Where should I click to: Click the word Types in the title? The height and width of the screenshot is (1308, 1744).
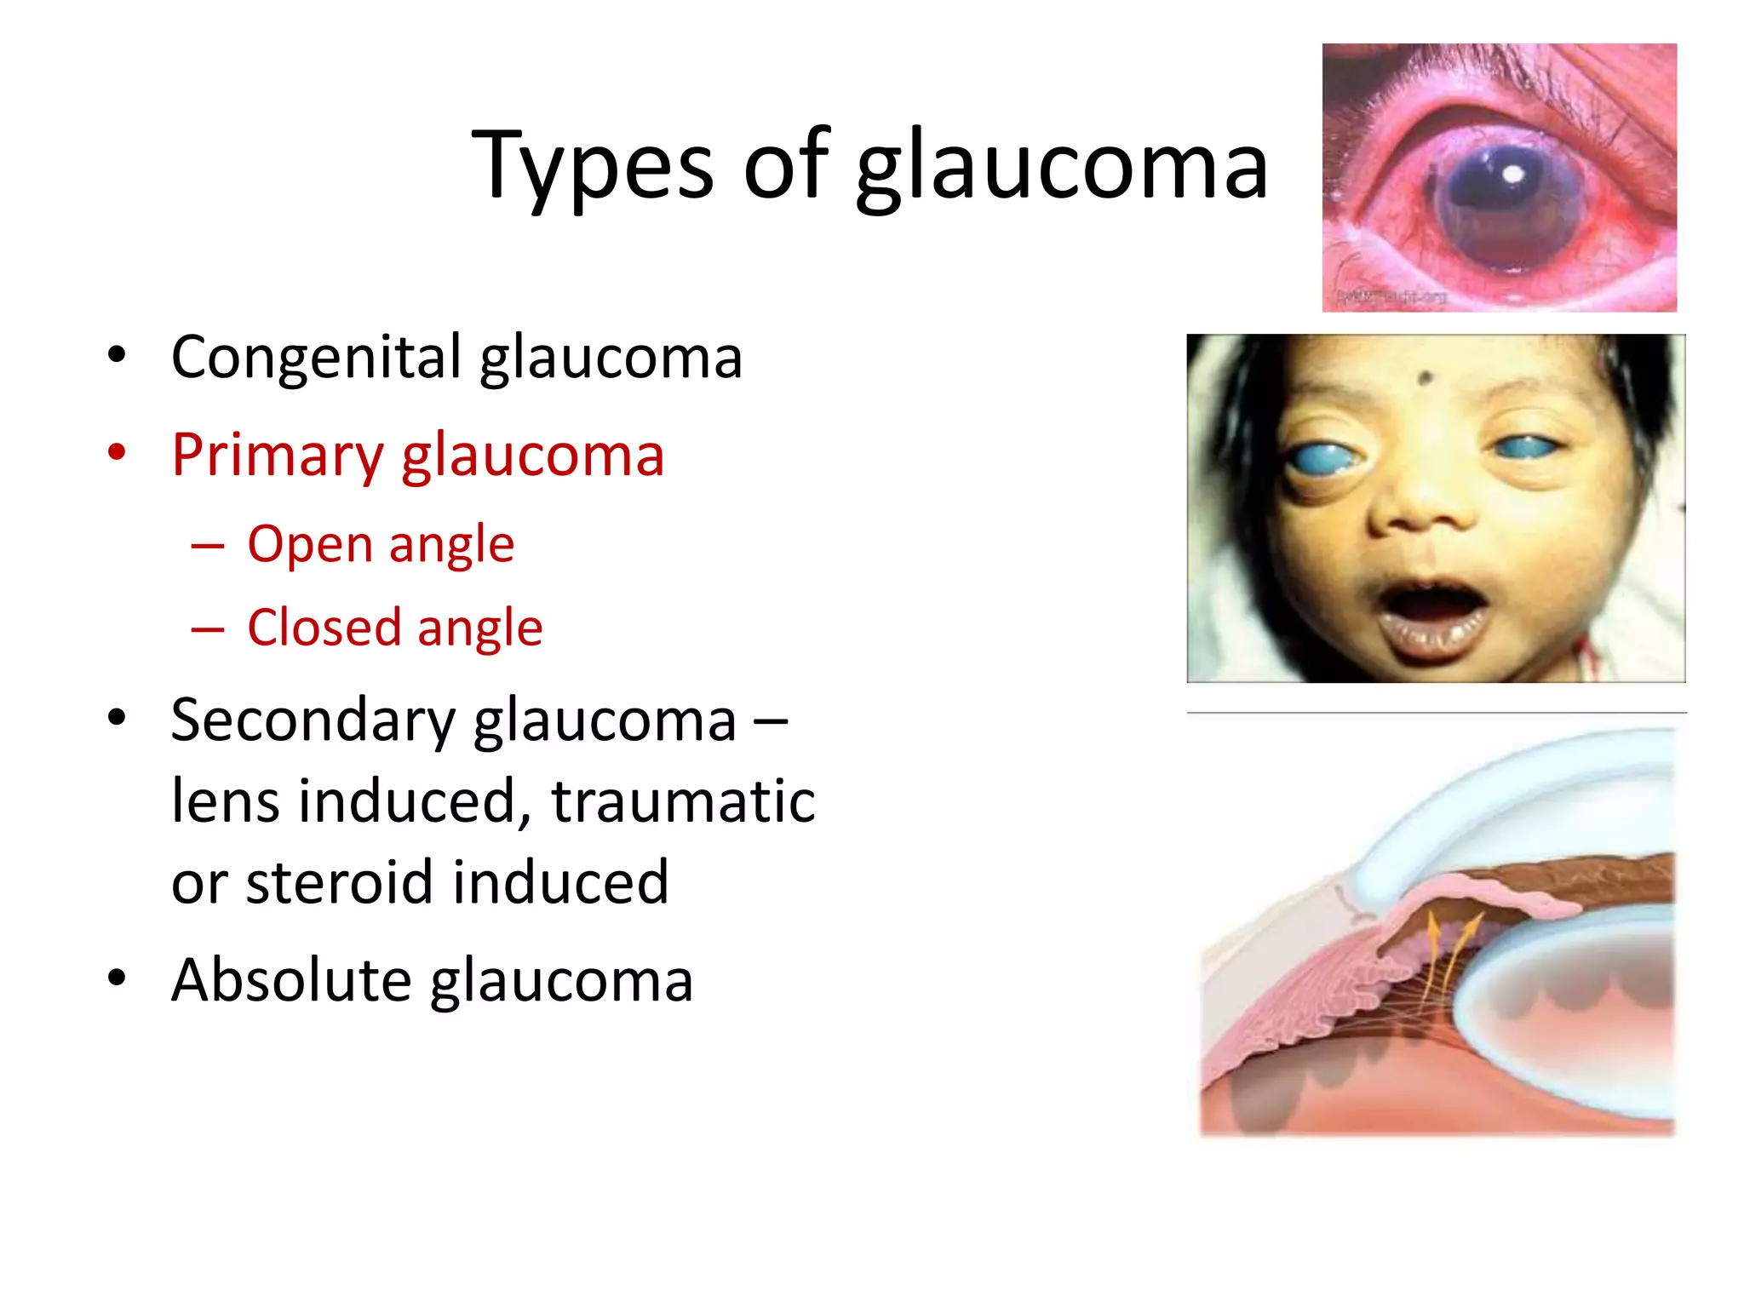pyautogui.click(x=592, y=166)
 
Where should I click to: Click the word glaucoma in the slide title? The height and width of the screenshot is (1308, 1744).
pyautogui.click(x=1061, y=166)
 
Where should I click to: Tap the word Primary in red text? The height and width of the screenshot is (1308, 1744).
pyautogui.click(x=278, y=456)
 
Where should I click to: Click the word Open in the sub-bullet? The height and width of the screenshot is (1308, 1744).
pyautogui.click(x=310, y=544)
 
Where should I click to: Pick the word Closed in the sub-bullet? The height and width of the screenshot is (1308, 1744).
pyautogui.click(x=324, y=628)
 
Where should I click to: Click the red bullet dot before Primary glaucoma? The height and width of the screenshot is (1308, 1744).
pyautogui.click(x=117, y=452)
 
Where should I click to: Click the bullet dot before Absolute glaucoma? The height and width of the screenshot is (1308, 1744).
pyautogui.click(x=117, y=977)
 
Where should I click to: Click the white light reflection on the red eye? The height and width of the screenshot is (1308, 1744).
pyautogui.click(x=1513, y=175)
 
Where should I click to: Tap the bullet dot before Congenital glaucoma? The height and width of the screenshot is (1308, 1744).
pyautogui.click(x=117, y=354)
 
